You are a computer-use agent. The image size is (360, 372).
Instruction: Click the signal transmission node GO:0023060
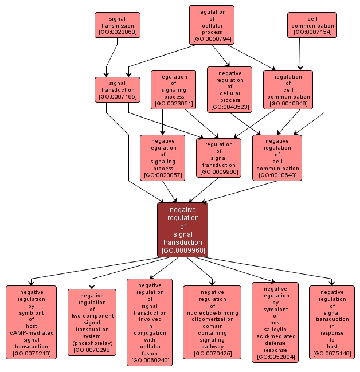point(117,25)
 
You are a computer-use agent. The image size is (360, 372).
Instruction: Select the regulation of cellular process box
point(212,25)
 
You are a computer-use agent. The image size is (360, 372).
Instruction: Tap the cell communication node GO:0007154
point(312,25)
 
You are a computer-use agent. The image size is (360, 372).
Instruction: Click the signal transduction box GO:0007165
point(117,90)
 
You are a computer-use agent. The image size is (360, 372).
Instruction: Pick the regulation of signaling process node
point(173,90)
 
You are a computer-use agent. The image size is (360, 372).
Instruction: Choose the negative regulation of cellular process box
point(229,89)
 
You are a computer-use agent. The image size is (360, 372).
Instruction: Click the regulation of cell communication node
point(288,90)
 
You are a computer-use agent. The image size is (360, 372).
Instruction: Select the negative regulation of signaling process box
point(162,158)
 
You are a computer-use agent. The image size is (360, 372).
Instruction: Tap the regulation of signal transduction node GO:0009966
point(218,158)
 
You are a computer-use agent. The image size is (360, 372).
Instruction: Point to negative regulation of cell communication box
point(277,158)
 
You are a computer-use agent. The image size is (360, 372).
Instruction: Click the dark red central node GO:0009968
point(182,230)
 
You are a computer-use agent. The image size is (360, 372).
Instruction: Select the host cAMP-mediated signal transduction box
point(32,322)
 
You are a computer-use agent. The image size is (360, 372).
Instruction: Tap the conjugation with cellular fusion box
point(150,322)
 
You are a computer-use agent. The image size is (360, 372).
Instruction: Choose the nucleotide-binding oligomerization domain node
point(212,322)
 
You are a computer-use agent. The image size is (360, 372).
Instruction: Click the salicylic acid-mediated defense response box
point(275,322)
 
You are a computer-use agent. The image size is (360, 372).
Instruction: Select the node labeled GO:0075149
point(332,322)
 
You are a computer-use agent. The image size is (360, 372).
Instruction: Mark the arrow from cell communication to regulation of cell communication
point(299,54)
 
